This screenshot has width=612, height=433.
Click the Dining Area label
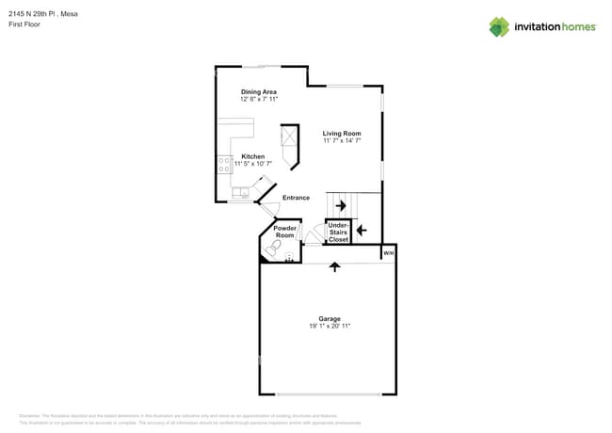(x=258, y=91)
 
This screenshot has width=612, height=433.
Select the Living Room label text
(x=342, y=134)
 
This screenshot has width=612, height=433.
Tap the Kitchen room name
(x=252, y=156)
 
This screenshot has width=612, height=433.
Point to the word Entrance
(x=296, y=198)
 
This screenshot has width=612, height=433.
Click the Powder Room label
(x=284, y=231)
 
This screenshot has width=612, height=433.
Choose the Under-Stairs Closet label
(x=338, y=233)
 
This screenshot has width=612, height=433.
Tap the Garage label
(x=330, y=318)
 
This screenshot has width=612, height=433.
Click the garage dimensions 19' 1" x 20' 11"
(x=330, y=326)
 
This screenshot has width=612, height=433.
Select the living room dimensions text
(x=342, y=141)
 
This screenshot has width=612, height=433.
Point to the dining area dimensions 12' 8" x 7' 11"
(x=258, y=98)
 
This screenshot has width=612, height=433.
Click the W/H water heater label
(x=388, y=253)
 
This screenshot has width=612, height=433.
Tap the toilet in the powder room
(x=273, y=249)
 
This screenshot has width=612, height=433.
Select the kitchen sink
(x=239, y=192)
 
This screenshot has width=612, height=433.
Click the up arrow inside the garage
(x=333, y=267)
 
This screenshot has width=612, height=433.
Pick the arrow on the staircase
(x=341, y=205)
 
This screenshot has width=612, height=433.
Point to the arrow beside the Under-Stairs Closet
(x=362, y=230)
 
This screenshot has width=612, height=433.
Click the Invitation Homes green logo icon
(x=499, y=26)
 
